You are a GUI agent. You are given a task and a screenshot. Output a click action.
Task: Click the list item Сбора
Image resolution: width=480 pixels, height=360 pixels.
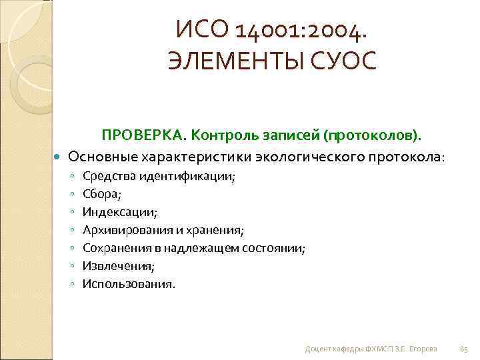(100, 195)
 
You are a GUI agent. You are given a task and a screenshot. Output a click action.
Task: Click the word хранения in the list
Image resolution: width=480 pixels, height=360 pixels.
(219, 231)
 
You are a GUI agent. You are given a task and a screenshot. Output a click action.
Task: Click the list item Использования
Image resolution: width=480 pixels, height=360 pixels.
(129, 284)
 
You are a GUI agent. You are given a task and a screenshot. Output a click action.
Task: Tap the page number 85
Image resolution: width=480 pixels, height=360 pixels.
(465, 349)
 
